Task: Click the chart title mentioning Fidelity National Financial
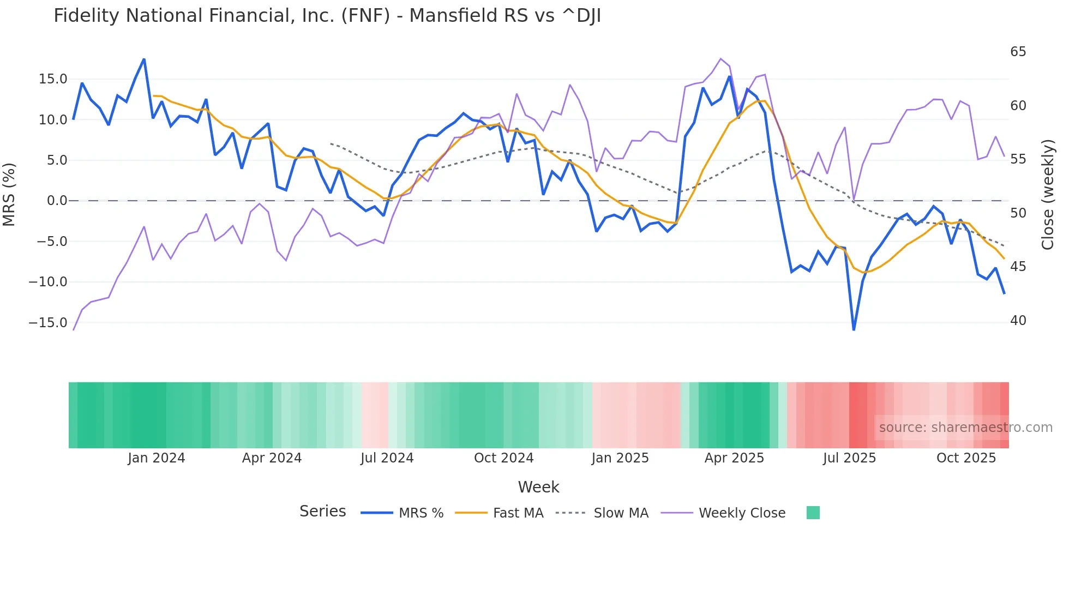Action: click(x=327, y=16)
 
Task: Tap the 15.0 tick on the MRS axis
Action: click(x=53, y=79)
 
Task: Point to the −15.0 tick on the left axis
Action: click(x=48, y=322)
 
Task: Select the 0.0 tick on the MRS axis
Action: click(x=57, y=201)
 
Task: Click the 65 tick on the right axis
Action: click(x=1018, y=52)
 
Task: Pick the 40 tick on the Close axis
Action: click(x=1018, y=321)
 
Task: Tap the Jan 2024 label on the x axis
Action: click(x=157, y=458)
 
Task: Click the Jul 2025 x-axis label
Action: click(x=849, y=458)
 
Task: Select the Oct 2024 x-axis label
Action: click(x=503, y=458)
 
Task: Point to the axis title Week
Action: click(x=538, y=487)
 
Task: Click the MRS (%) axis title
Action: click(x=9, y=194)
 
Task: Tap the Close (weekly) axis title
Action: click(x=1048, y=195)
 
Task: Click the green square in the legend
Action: click(x=813, y=513)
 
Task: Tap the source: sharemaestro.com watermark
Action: click(x=965, y=428)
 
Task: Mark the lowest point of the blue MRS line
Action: click(x=854, y=329)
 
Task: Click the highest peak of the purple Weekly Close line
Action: click(x=720, y=58)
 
